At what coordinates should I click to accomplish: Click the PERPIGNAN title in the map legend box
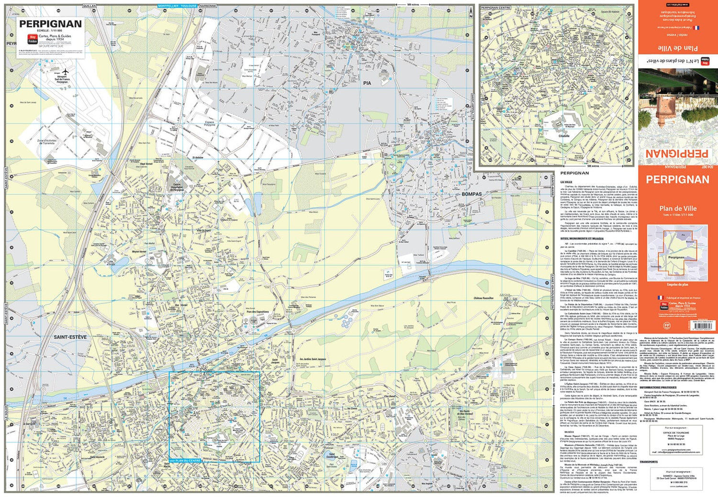(x=50, y=24)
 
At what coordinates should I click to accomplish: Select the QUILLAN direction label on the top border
(x=90, y=6)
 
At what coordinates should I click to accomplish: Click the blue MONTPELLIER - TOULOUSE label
(x=177, y=6)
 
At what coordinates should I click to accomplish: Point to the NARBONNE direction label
(x=208, y=6)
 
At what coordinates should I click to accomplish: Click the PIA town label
(x=367, y=83)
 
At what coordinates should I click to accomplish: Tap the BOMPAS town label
(x=471, y=194)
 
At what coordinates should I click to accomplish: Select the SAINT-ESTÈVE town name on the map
(x=70, y=337)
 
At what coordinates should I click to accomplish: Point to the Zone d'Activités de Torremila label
(x=46, y=142)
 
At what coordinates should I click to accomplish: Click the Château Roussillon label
(x=483, y=298)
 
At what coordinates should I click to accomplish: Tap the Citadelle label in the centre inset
(x=564, y=136)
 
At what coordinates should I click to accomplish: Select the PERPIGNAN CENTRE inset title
(x=496, y=8)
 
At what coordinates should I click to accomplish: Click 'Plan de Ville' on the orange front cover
(x=678, y=208)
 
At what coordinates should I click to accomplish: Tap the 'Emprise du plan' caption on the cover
(x=677, y=285)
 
